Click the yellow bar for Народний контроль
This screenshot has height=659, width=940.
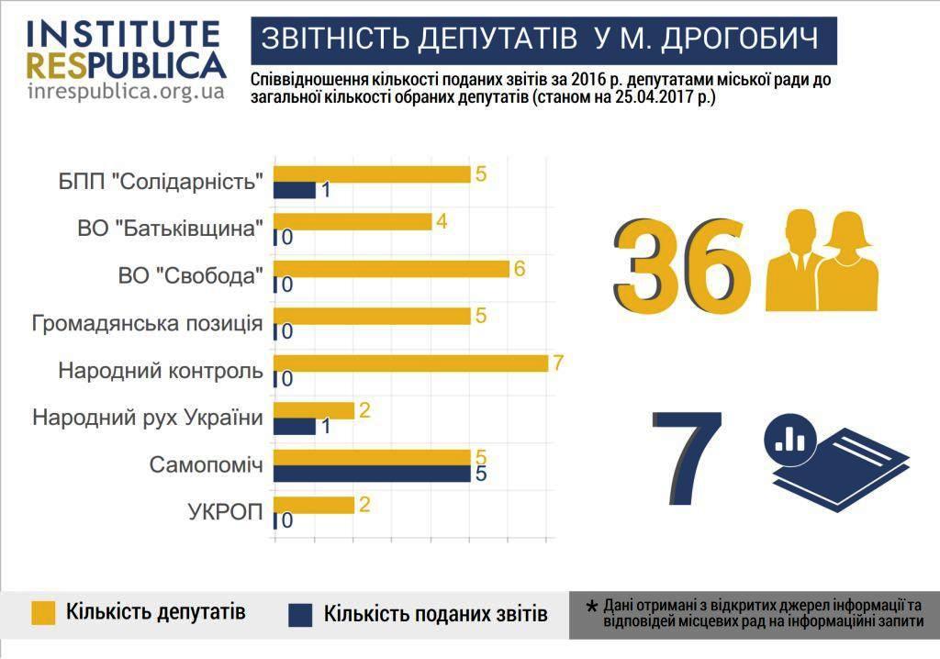pos(411,363)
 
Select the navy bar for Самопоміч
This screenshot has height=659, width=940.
pos(373,474)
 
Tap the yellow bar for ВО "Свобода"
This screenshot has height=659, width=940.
pos(392,268)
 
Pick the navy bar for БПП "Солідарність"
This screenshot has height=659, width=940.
pos(296,191)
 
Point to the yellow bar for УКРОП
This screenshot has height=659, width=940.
pos(315,505)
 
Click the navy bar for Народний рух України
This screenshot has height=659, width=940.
pos(296,427)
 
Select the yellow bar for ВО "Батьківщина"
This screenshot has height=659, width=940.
pos(353,221)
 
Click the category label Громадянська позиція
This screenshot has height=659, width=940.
pos(147,324)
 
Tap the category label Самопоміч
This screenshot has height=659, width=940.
pos(207,465)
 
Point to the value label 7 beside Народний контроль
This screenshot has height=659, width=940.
pos(557,362)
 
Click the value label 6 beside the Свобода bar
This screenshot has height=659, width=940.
pos(519,268)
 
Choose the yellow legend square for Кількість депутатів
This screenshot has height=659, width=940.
pos(43,612)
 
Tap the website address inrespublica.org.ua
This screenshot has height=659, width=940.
pos(126,92)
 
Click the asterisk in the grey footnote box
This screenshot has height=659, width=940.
pos(591,607)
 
